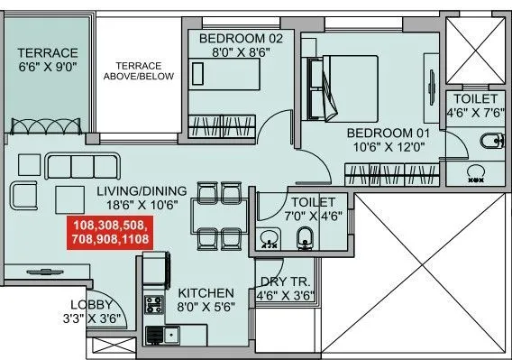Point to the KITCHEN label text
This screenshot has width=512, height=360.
point(206,293)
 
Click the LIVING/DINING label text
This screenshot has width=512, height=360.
point(142,190)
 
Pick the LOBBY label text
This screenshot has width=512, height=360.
point(93,305)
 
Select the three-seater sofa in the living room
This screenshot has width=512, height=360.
point(83,165)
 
